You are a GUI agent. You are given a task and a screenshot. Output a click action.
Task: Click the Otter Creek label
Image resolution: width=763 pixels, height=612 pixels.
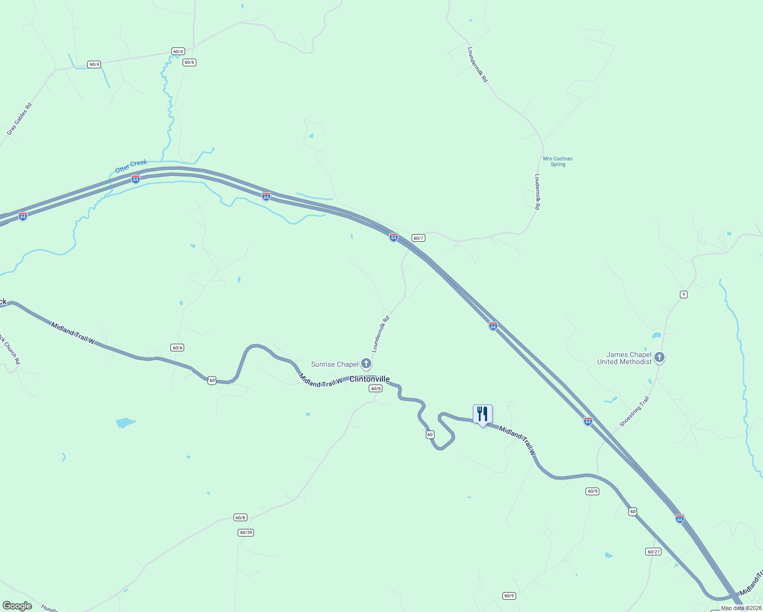[x=131, y=166]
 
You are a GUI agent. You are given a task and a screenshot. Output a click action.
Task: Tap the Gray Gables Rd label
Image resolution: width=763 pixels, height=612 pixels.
[x=19, y=119]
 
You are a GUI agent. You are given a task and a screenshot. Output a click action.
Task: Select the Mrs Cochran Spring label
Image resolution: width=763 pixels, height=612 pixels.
[x=557, y=161]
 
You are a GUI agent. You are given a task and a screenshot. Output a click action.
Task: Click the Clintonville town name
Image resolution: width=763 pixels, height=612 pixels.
[x=369, y=379]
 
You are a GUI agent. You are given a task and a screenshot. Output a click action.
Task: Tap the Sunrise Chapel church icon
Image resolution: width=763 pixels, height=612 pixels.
[x=366, y=364]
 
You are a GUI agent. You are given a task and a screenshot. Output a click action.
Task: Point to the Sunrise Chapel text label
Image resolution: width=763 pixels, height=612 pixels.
[x=335, y=364]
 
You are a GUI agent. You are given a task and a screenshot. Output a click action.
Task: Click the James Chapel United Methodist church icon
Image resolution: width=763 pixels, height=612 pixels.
[x=659, y=358]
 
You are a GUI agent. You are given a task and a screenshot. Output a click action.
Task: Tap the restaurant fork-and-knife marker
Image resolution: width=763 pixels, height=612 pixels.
[x=482, y=414]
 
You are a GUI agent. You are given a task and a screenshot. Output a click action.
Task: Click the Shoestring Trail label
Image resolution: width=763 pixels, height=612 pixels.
[x=634, y=412]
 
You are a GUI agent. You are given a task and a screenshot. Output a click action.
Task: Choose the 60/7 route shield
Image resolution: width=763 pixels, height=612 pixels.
[x=418, y=238]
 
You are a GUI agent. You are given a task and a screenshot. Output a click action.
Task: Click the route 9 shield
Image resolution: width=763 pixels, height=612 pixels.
[x=683, y=294]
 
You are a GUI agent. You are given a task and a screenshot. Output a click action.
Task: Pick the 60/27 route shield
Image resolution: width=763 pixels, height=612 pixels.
[x=653, y=551]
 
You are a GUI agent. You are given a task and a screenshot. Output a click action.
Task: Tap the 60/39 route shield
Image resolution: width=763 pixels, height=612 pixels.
[x=245, y=532]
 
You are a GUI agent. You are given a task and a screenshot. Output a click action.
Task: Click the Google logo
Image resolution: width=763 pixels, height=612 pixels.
[x=17, y=606]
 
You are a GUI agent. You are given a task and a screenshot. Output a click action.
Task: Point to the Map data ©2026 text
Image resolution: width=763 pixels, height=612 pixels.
[x=741, y=608]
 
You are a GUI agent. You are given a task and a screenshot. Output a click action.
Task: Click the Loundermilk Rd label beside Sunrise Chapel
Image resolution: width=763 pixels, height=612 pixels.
[x=380, y=334]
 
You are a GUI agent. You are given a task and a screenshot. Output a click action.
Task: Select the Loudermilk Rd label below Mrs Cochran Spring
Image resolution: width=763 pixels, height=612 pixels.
[x=537, y=191]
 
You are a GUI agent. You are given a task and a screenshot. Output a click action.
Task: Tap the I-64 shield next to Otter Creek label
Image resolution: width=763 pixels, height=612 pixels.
[x=135, y=179]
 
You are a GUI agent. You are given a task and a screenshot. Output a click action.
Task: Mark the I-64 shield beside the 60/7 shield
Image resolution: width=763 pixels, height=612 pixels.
[x=393, y=237]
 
